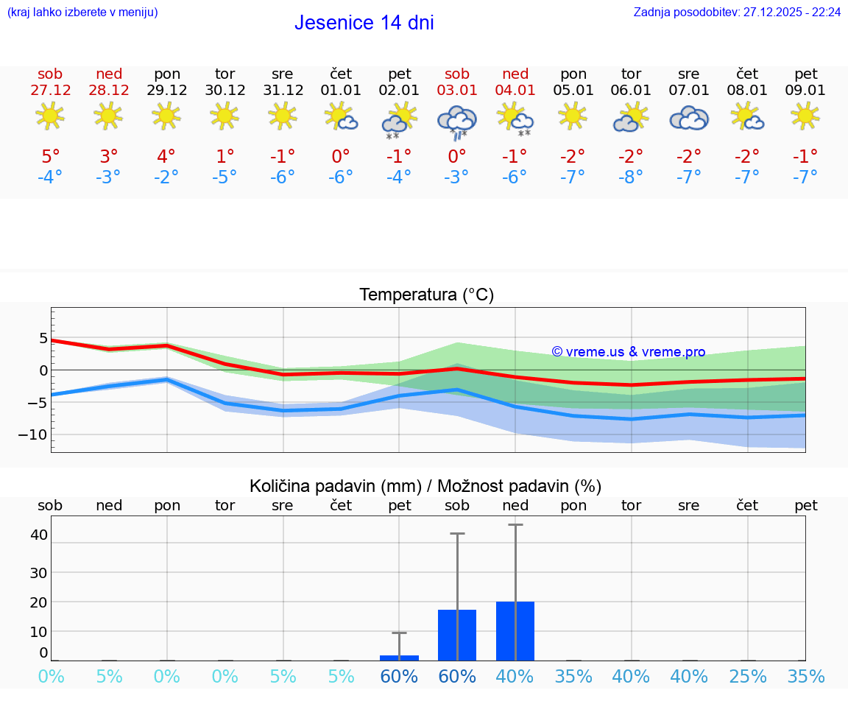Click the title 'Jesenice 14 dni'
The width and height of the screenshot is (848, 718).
[x=364, y=23]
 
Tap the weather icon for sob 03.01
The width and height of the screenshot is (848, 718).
[x=457, y=120]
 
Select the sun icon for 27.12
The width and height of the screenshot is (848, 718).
[x=50, y=116]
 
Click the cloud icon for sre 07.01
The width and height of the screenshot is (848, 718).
[x=689, y=118]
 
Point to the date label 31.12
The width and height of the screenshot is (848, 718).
[x=283, y=91]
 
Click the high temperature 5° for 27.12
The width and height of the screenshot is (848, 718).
[x=50, y=157]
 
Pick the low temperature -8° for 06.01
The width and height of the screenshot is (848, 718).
[x=631, y=177]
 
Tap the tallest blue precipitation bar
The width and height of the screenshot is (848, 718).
[x=515, y=631]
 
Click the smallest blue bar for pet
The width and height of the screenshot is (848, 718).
[x=399, y=658]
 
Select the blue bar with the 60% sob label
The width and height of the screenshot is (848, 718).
[x=457, y=635]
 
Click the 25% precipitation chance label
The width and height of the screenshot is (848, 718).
[x=747, y=676]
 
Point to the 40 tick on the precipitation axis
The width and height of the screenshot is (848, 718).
[x=39, y=535]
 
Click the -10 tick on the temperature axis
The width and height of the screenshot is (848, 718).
[x=33, y=434]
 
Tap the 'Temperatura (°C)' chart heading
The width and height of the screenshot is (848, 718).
[x=426, y=295]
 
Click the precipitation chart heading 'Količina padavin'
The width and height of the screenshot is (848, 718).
[x=425, y=486]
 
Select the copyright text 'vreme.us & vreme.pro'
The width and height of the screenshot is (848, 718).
[x=629, y=352]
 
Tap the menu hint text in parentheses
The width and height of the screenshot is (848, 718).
[x=82, y=13]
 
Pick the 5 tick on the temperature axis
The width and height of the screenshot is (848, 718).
[x=43, y=339]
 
